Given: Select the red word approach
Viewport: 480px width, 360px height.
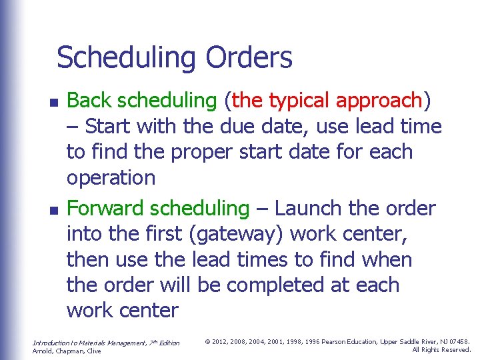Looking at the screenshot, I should click(x=380, y=101).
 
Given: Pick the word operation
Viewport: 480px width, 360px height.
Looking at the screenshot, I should click(x=111, y=179).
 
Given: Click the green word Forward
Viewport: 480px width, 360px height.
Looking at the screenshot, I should click(x=106, y=208).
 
